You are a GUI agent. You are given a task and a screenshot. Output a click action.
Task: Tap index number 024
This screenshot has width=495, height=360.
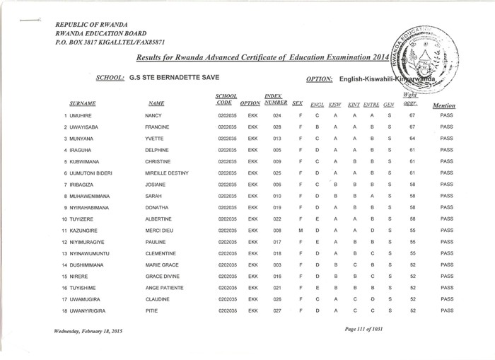(x=277, y=115)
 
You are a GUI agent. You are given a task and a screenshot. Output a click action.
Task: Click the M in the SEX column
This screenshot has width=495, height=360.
(x=301, y=231)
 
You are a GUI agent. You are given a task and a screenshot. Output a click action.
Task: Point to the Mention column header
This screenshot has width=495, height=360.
(x=443, y=105)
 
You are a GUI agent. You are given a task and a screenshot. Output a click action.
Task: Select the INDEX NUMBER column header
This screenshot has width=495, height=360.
(x=274, y=99)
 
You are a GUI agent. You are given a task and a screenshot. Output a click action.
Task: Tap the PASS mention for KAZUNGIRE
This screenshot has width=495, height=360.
(x=445, y=231)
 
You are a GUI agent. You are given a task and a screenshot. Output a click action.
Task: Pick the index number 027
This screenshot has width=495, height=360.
(x=277, y=310)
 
